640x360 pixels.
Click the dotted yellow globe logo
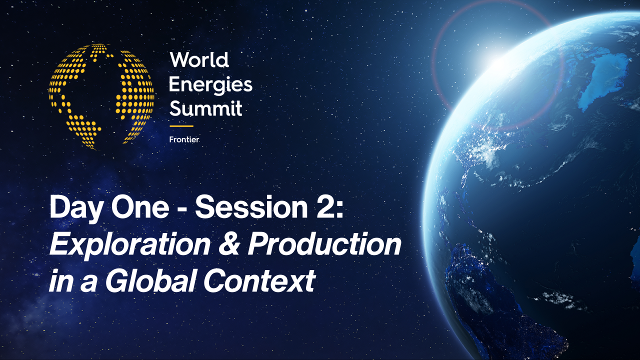point(101,96)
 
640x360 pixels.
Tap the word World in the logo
point(199,60)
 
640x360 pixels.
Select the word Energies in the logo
point(210,84)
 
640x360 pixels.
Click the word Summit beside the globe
point(205,108)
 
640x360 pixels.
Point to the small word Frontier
point(184,139)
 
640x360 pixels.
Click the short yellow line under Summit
point(181,126)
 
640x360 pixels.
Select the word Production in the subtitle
point(325,244)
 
